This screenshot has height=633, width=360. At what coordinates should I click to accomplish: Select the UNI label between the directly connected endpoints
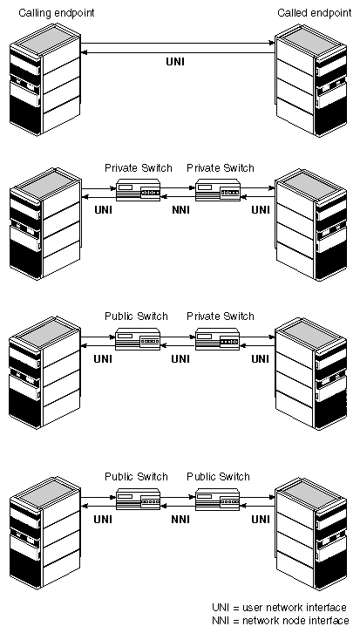pyautogui.click(x=175, y=62)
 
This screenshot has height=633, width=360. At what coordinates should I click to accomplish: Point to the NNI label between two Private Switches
pyautogui.click(x=180, y=210)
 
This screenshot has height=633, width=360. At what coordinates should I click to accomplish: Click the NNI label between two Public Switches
pyautogui.click(x=180, y=519)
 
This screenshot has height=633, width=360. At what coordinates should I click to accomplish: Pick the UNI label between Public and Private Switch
pyautogui.click(x=180, y=358)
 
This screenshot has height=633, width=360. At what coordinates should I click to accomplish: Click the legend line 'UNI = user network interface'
pyautogui.click(x=279, y=608)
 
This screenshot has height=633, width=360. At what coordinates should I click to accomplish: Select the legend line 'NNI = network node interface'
pyautogui.click(x=281, y=621)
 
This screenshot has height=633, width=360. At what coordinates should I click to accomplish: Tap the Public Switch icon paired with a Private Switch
pyautogui.click(x=138, y=338)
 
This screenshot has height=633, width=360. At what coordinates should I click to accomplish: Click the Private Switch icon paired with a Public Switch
pyautogui.click(x=218, y=338)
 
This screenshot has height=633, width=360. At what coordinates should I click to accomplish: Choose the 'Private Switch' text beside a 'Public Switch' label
pyautogui.click(x=221, y=316)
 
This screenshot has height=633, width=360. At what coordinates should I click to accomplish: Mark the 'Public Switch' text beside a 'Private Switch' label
pyautogui.click(x=136, y=316)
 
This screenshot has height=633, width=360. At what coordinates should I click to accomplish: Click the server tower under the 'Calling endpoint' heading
pyautogui.click(x=44, y=79)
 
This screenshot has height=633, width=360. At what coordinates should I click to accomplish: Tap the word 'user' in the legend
pyautogui.click(x=251, y=608)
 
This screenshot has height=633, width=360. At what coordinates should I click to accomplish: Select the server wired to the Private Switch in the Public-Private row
pyautogui.click(x=311, y=373)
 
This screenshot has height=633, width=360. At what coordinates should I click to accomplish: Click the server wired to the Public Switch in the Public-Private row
pyautogui.click(x=44, y=372)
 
